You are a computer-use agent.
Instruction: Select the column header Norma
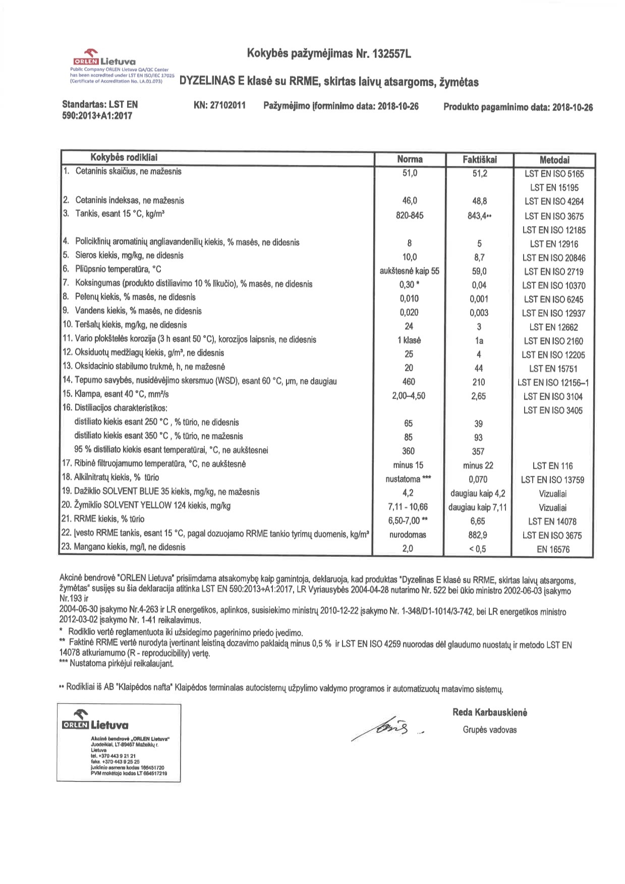coord(410,159)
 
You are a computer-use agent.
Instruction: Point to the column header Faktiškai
coord(479,159)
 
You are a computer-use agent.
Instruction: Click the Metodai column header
coord(554,160)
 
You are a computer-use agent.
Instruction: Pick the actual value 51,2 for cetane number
coord(479,174)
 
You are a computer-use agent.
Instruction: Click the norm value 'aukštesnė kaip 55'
coord(409,271)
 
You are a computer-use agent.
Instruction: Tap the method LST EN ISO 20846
coord(553,258)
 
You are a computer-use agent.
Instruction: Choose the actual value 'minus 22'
coord(478,465)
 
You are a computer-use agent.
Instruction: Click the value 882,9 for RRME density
coord(478,535)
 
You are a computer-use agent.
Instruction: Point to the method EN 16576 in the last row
coord(553,549)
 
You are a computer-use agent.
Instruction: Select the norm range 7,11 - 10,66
coord(409,507)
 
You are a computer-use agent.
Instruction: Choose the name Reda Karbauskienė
coord(489,712)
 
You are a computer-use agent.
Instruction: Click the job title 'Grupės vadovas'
coord(489,730)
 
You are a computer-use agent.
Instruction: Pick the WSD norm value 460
coord(409,381)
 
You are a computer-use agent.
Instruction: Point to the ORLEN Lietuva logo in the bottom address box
coord(94,721)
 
